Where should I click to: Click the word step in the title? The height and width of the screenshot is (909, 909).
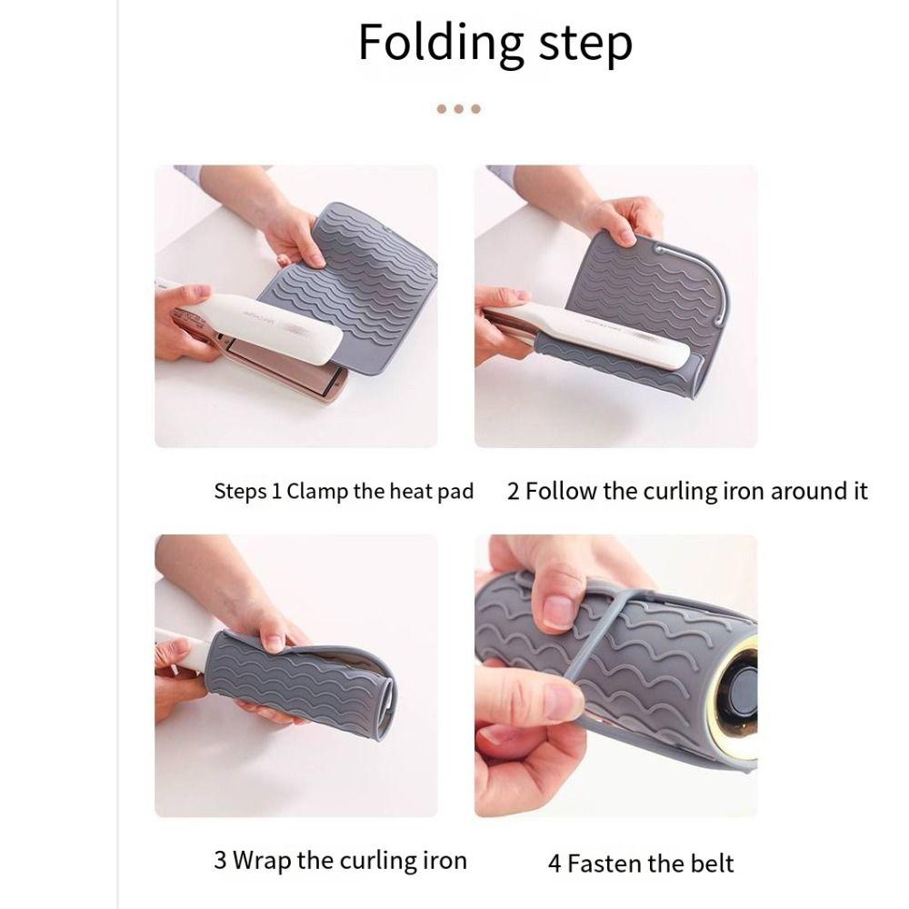[583, 43]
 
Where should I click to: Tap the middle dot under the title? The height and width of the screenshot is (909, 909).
[458, 109]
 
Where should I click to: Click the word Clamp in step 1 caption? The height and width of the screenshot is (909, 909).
[316, 493]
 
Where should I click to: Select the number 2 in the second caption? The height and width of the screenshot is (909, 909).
[514, 492]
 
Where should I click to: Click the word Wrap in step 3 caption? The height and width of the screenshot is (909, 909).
[261, 860]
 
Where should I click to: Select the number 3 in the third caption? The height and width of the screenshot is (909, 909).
[220, 860]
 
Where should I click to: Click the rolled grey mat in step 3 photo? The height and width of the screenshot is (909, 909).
[300, 682]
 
